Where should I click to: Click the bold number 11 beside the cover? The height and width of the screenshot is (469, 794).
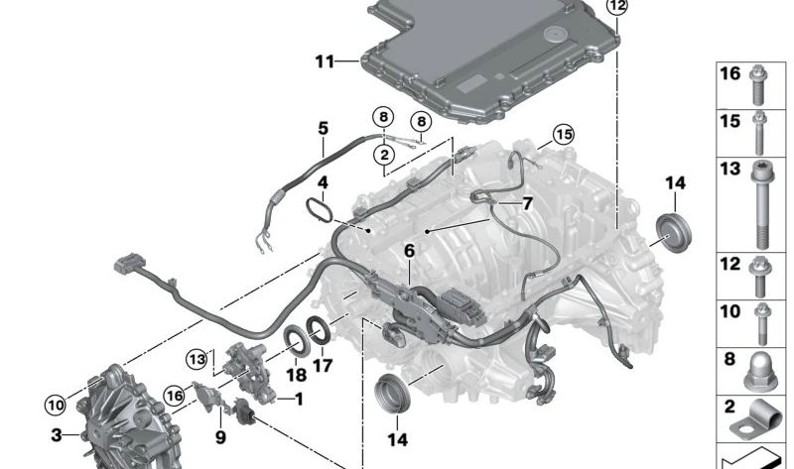pos(326,61)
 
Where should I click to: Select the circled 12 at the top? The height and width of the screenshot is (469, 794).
pos(616,6)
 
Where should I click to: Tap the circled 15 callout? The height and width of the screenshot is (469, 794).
pos(564,134)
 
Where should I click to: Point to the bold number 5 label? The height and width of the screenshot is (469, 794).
pos(324,129)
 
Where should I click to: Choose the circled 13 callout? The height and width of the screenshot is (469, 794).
pos(197,359)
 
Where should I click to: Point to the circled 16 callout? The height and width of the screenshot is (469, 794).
pos(175,395)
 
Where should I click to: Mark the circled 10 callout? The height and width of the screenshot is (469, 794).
pos(56,405)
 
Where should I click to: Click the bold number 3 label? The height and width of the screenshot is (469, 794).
pos(57,434)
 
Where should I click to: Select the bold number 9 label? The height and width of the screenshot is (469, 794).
pos(220,437)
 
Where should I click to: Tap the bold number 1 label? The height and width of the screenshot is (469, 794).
pos(299,400)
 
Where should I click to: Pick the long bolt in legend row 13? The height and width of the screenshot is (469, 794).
pos(761,206)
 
